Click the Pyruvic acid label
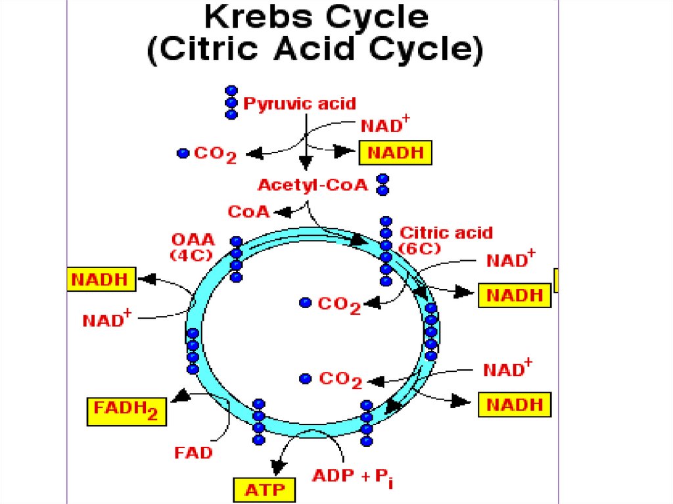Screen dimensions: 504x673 pos(300,104)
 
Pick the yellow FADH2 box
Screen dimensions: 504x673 pos(126,411)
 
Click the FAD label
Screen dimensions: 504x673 pos(193,453)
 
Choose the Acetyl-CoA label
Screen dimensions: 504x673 pos(312,185)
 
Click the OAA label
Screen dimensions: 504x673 pos(189,239)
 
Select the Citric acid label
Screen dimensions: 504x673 pos(446,233)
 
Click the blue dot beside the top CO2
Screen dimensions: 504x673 pos(183,153)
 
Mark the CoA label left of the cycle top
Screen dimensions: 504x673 pos(248,212)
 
